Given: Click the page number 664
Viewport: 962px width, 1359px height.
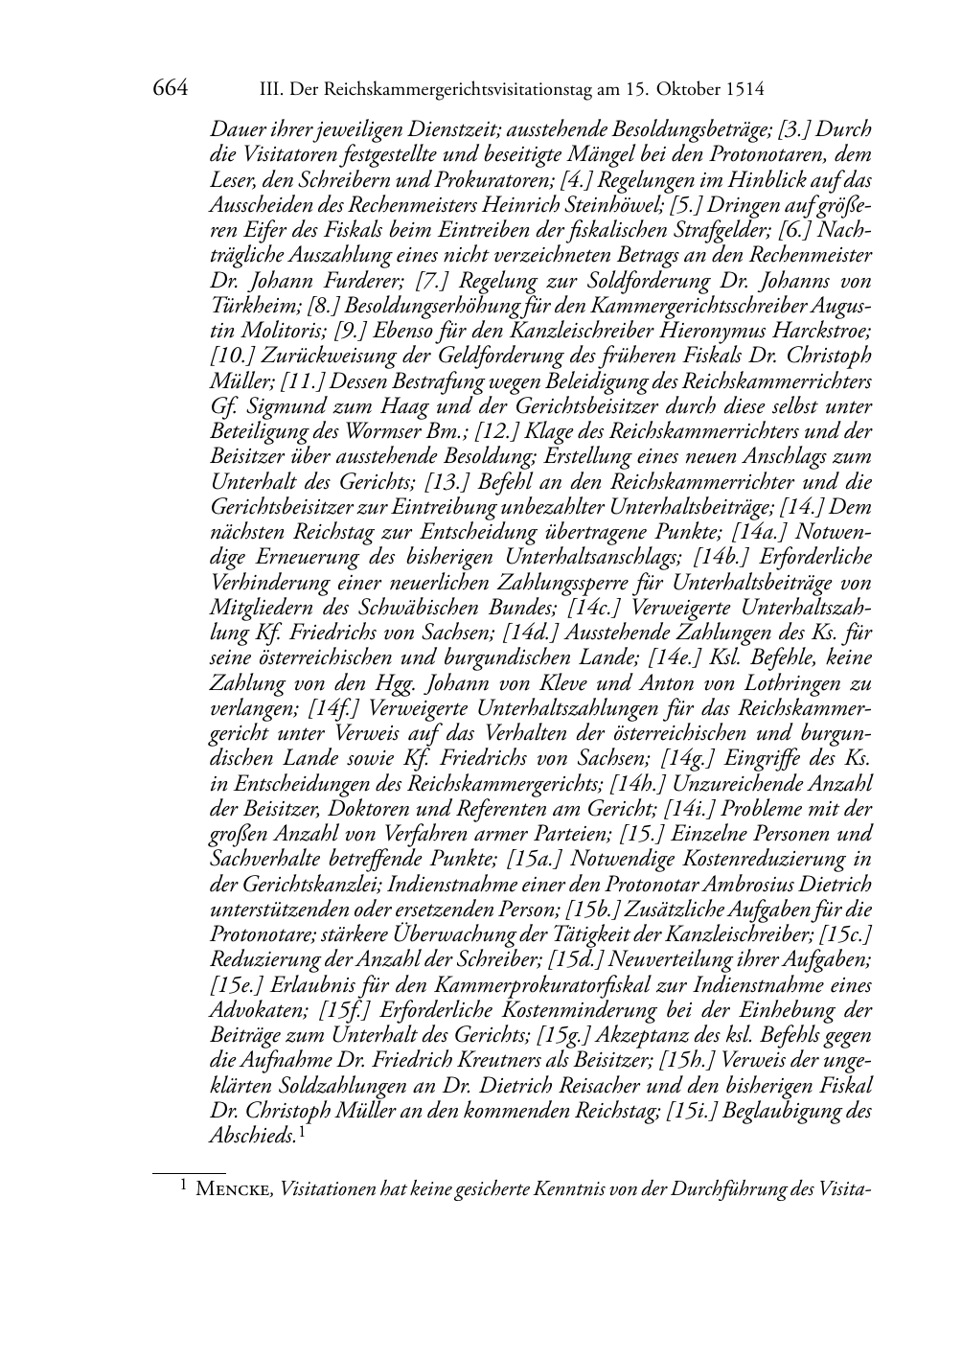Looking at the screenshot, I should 170,89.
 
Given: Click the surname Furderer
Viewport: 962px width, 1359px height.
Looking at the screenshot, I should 358,281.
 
